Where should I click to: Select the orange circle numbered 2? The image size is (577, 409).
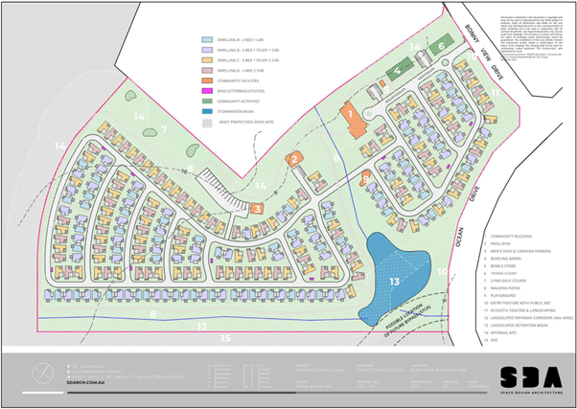[x=297, y=159]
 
